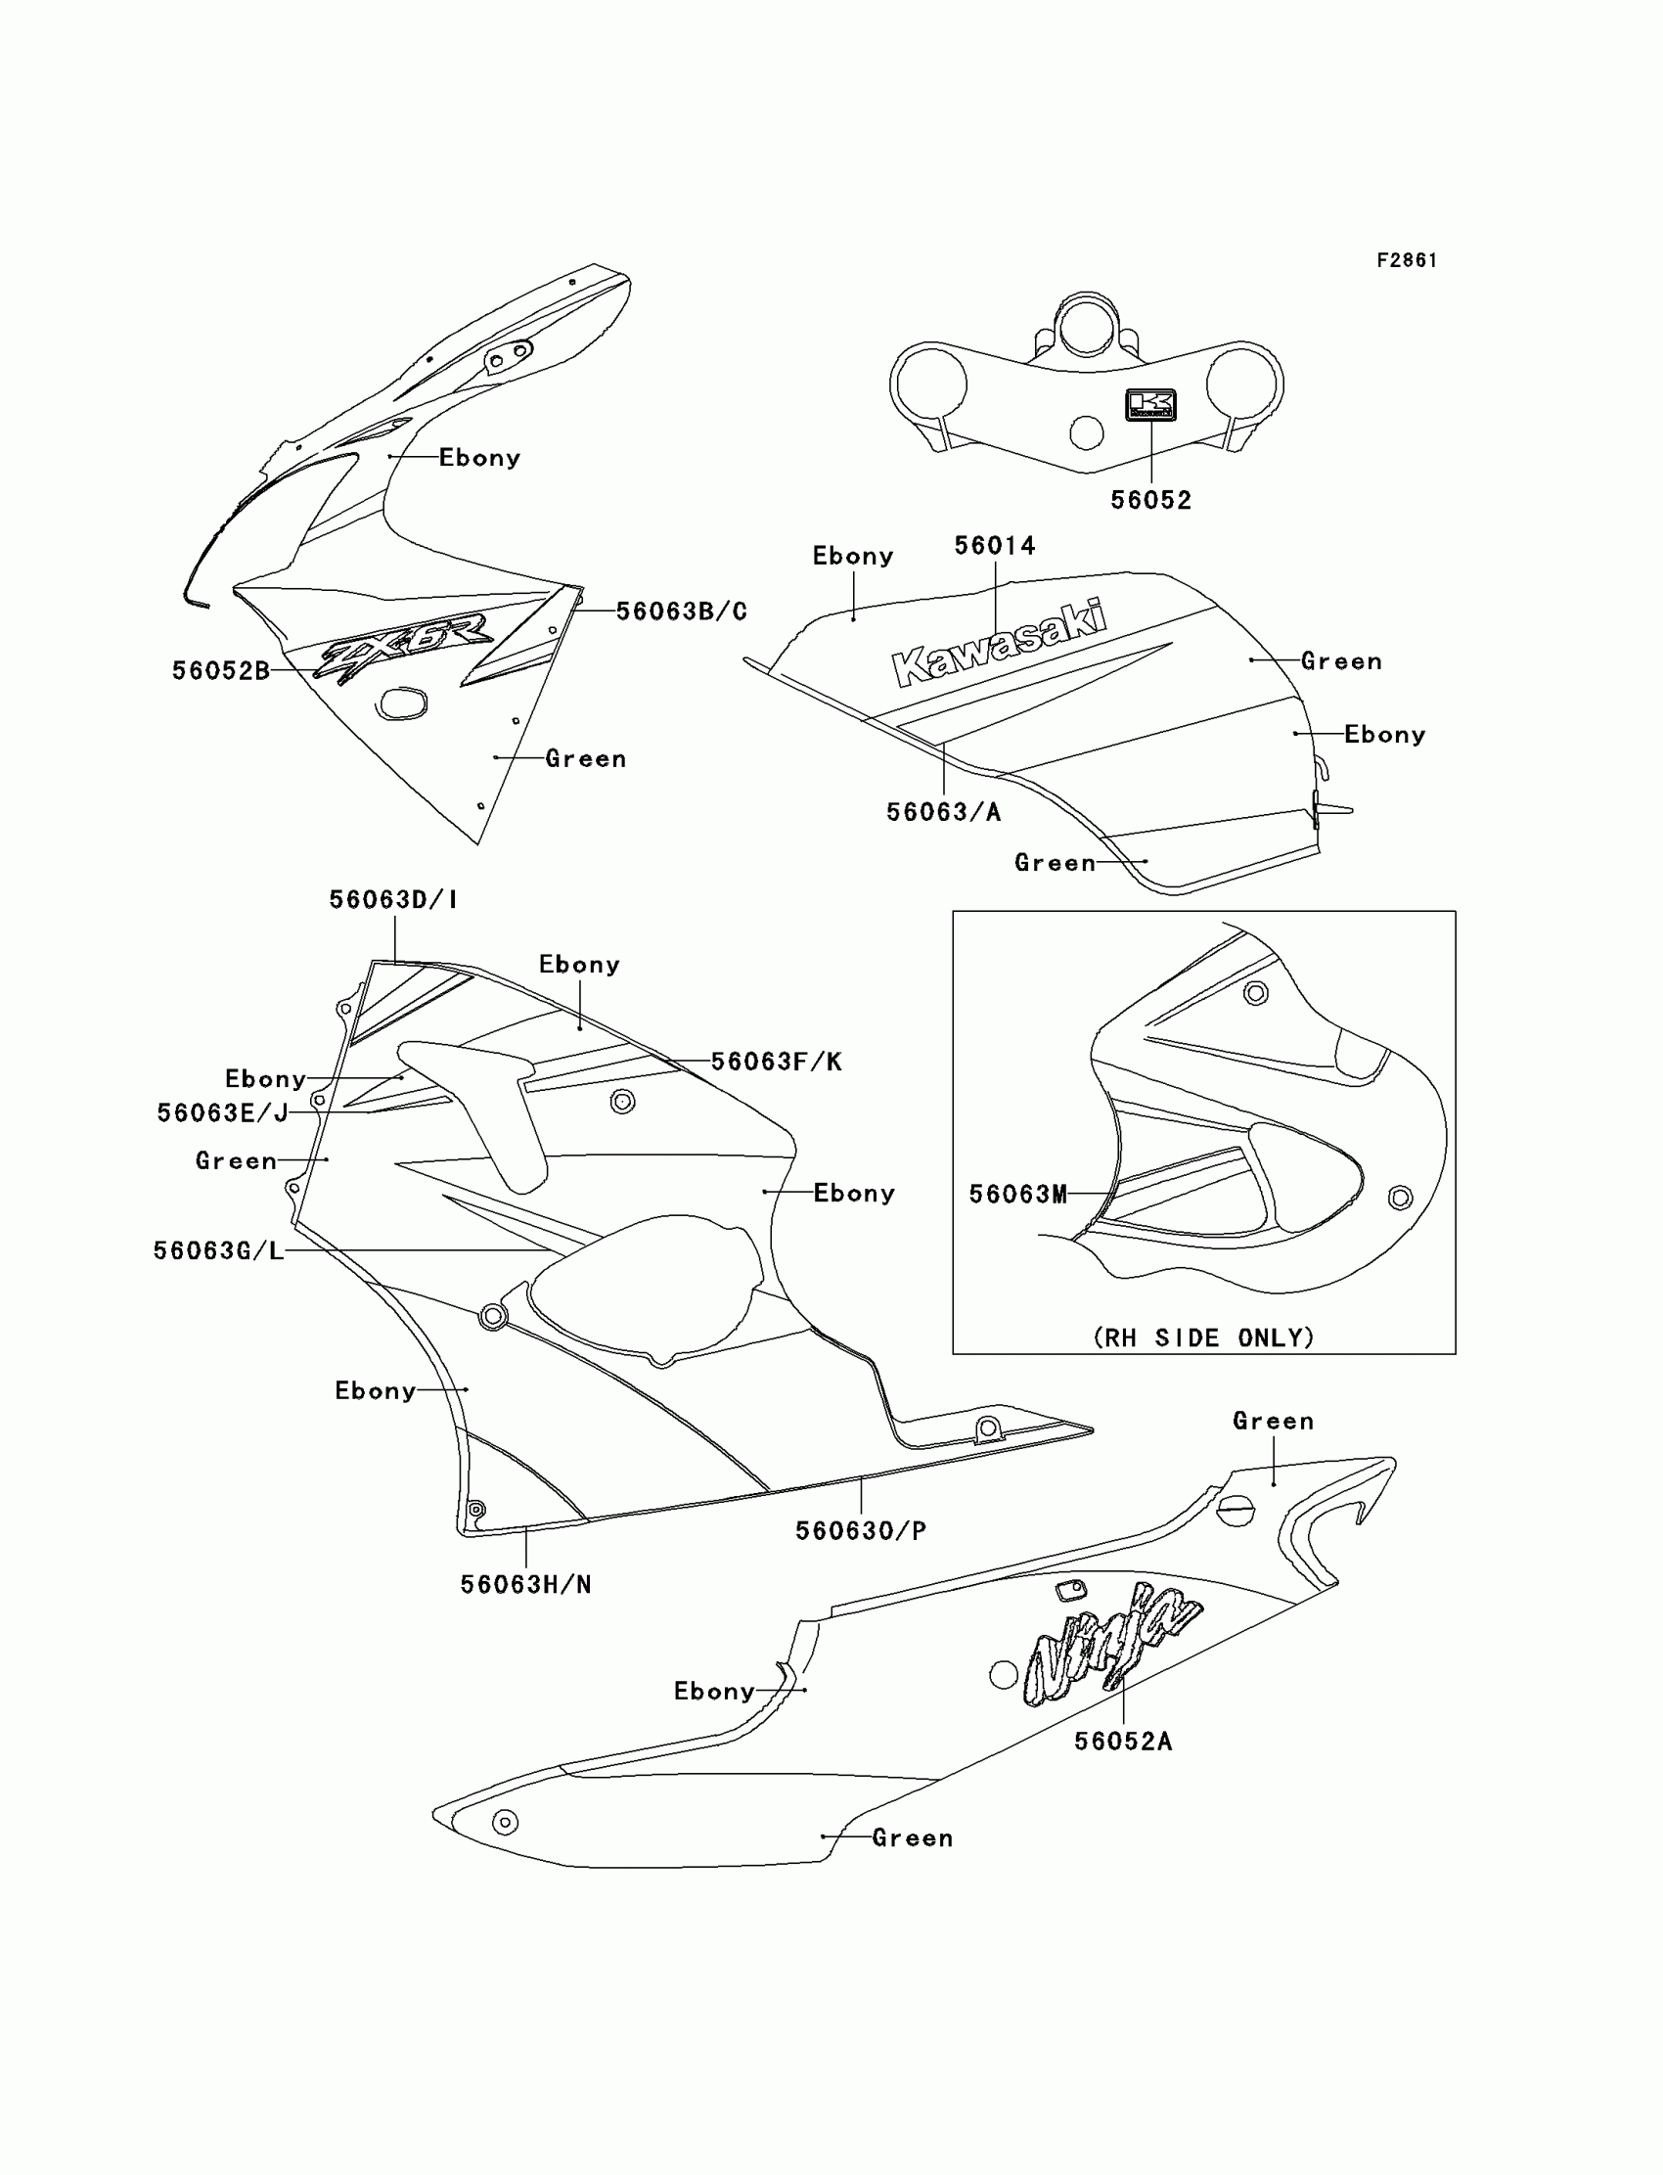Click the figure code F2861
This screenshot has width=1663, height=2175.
pos(1406,260)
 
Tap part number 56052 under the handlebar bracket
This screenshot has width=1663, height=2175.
pos(1150,500)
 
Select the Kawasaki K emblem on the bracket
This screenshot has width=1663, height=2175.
pos(1150,404)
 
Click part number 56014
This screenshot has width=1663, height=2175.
pos(995,546)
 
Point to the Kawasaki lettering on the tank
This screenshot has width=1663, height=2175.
pos(1000,644)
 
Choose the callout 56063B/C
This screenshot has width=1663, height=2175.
pos(681,612)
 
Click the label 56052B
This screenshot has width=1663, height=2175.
pos(221,671)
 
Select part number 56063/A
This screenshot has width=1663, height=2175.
pos(943,813)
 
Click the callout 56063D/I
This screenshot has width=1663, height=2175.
pos(393,900)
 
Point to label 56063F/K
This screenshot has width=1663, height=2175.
pos(776,1063)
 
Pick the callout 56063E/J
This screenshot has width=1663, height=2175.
pos(223,1113)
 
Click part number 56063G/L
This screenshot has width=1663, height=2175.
pos(219,1251)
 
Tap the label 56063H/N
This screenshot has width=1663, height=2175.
pos(525,1585)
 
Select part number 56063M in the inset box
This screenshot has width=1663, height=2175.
pos(1017,1195)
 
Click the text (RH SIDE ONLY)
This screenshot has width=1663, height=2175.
pos(1203,1338)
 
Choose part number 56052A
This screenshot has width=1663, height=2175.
pos(1123,1742)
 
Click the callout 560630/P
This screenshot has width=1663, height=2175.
pos(860,1531)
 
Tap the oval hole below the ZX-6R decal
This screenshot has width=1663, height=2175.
pos(401,702)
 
